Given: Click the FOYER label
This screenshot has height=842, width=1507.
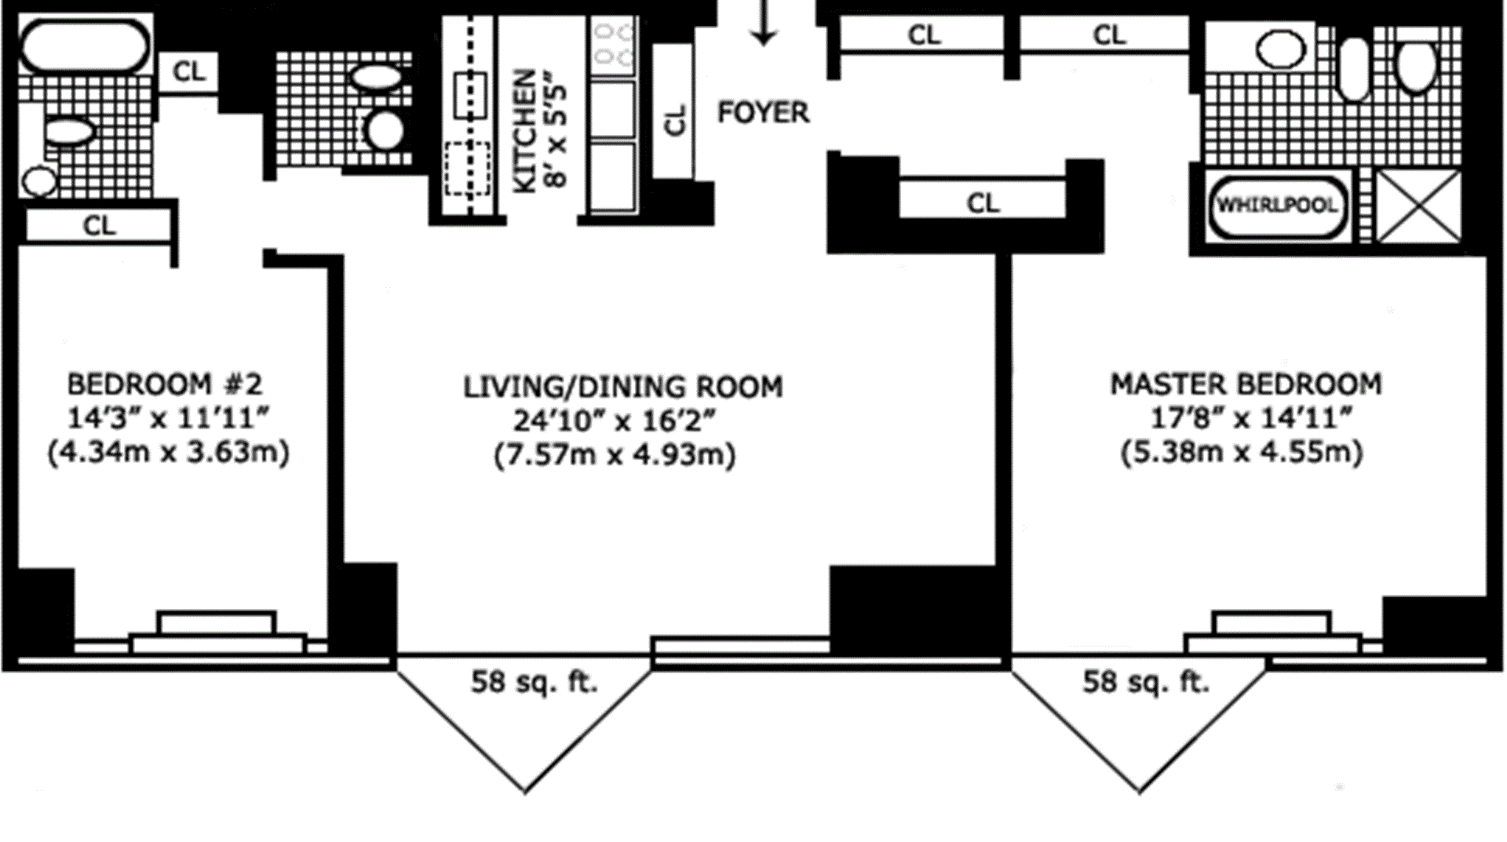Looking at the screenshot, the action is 763,112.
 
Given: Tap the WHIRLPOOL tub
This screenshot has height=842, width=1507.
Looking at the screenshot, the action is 1277,206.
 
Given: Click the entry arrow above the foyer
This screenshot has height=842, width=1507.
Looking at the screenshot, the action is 763,22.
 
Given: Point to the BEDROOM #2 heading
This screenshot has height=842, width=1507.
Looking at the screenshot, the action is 165,384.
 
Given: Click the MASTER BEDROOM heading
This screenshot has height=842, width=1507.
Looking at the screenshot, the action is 1246,384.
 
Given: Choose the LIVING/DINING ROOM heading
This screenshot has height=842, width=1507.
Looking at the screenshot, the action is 622,387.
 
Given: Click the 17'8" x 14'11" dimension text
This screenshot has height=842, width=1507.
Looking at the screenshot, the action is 1251,418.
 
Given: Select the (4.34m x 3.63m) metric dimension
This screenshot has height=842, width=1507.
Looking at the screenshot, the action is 169,453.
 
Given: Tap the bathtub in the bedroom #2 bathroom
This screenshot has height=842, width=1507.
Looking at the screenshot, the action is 84,46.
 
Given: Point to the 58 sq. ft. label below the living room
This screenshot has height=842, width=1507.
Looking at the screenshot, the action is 535,681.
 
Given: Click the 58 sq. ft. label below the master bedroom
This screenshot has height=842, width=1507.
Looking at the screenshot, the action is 1146,681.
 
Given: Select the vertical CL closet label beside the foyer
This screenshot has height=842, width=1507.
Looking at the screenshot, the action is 675,119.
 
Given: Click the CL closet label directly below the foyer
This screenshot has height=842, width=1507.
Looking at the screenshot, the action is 983,203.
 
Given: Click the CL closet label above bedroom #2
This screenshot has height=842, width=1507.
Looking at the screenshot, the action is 99,225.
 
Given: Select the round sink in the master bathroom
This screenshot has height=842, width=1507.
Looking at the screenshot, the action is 1281,51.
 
